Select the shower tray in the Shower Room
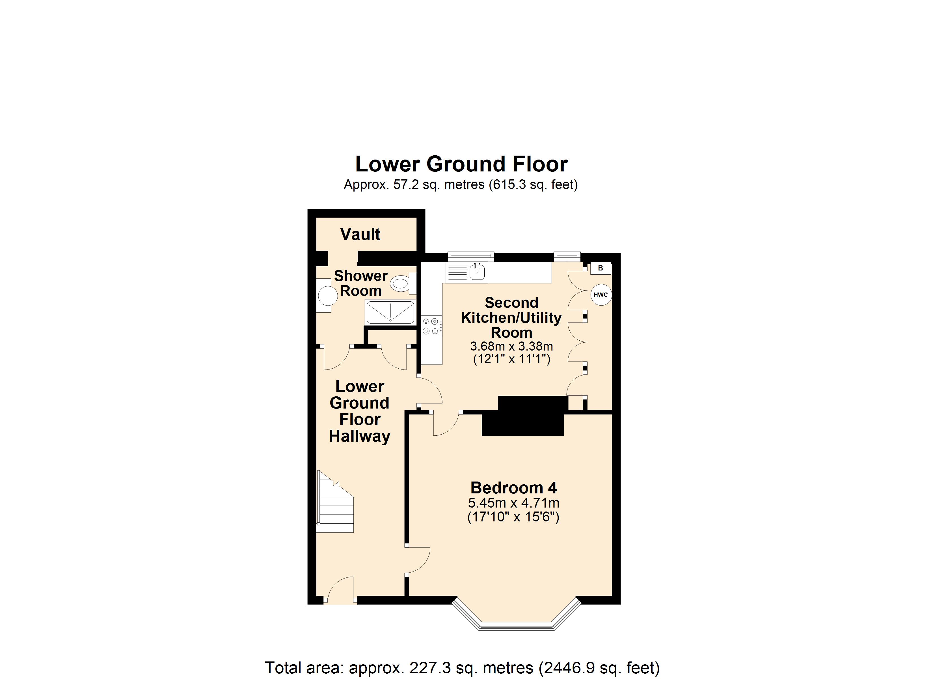pos(390,312)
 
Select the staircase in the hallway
pos(335,502)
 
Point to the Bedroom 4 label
pos(513,488)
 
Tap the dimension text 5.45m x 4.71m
pos(513,503)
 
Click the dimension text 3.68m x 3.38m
pos(511,346)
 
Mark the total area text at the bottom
pos(462,667)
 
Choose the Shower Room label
pos(361,283)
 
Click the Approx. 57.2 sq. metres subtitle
pos(461,184)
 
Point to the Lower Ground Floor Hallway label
pos(360,411)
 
